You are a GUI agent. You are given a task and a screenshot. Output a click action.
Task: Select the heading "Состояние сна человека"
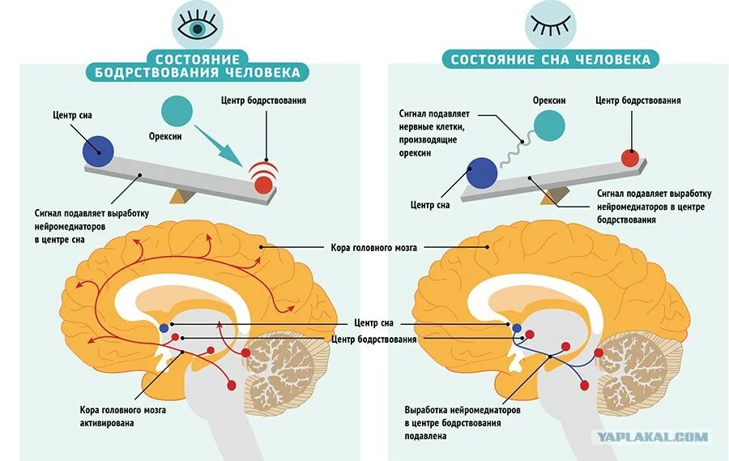click(x=550, y=59)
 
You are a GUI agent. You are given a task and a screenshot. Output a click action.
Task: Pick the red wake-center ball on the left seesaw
click(x=263, y=185)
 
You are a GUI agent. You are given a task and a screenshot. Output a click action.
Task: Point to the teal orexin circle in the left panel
click(x=177, y=111)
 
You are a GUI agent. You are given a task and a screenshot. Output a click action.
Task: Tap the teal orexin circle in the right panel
click(x=549, y=126)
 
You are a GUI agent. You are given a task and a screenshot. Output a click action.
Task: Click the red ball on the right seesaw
click(x=629, y=157)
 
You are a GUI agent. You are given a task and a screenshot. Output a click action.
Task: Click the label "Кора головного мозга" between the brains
click(x=373, y=247)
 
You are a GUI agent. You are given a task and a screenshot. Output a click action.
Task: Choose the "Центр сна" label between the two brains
click(x=373, y=323)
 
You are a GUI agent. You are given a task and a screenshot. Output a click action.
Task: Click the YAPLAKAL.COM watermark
click(x=652, y=437)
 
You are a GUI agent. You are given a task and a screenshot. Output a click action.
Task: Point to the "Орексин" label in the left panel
click(x=164, y=136)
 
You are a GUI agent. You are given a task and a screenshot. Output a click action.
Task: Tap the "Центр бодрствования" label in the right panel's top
click(x=637, y=100)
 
